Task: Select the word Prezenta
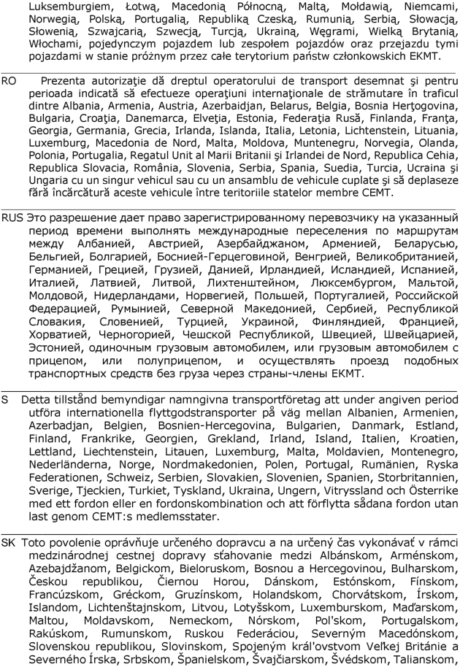click(x=65, y=77)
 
